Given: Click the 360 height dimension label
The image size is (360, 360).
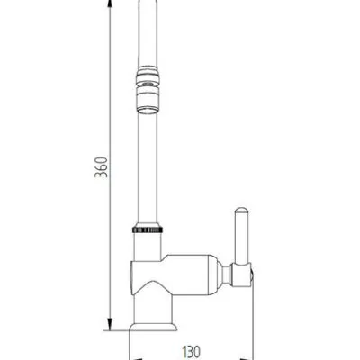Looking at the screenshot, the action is pos(101,166).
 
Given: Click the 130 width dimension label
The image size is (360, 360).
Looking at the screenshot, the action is pos(191,351).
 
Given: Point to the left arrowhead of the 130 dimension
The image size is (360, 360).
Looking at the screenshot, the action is pos(136,358).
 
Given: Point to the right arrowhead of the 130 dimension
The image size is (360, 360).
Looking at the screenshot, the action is pos(247,358).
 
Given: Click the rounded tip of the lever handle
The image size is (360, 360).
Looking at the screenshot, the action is pos(242,211).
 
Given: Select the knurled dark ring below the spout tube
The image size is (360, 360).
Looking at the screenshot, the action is pos(148,229).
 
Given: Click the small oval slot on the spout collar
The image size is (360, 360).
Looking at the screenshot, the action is pos(147,84).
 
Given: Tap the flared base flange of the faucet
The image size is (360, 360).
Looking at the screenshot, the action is pos(153,327).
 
